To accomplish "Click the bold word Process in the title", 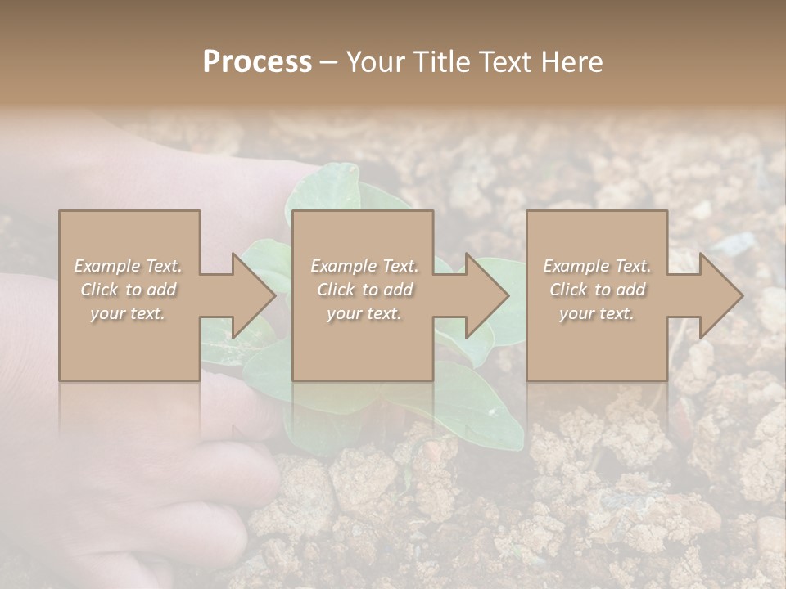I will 257,62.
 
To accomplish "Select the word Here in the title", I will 571,62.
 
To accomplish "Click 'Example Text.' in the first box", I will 128,266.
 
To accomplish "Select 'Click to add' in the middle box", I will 364,290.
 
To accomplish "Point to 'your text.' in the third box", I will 597,313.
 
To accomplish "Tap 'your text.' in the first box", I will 128,313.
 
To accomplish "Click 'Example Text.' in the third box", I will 597,266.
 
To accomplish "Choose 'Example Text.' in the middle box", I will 364,266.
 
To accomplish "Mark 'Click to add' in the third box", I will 597,290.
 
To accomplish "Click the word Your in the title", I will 378,62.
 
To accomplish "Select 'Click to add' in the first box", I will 128,290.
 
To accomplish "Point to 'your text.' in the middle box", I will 364,313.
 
